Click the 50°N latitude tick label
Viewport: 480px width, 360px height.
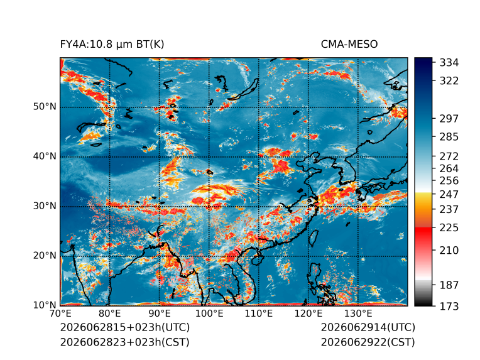tap(45, 107)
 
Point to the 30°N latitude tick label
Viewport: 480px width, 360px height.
tap(45, 206)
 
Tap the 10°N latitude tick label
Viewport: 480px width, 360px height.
tap(45, 305)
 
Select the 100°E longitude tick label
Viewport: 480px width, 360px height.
tap(209, 314)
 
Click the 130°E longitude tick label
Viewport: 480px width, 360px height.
tap(358, 314)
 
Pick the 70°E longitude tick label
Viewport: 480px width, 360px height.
tap(60, 314)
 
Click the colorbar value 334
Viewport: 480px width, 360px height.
tap(449, 63)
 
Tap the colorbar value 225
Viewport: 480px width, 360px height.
tap(449, 228)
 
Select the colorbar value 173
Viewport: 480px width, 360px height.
tap(449, 306)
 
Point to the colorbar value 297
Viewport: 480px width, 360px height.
tap(449, 119)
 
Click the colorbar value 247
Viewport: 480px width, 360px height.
tap(449, 194)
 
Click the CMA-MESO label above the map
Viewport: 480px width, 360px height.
tap(349, 45)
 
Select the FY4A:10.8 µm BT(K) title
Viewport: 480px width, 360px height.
tap(112, 45)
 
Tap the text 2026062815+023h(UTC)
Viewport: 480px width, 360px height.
tap(125, 327)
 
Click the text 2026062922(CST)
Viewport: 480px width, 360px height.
tap(368, 342)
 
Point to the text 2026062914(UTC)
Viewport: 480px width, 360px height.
tap(368, 327)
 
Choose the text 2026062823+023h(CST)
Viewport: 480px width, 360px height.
tap(124, 342)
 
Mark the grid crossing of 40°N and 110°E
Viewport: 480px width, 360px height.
tap(259, 157)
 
